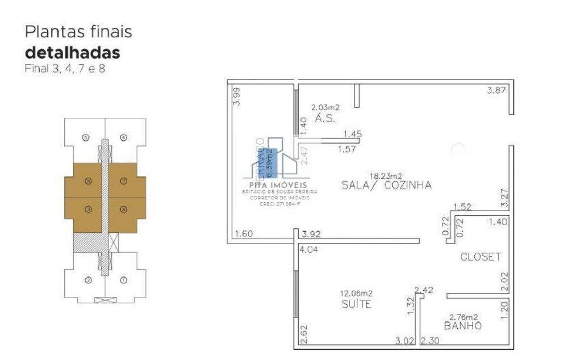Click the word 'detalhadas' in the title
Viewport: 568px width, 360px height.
[x=72, y=53]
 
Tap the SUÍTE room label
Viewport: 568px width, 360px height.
[x=357, y=305]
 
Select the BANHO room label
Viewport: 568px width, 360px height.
[x=463, y=326]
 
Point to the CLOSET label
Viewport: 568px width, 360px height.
[x=481, y=257]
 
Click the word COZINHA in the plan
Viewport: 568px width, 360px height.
[x=408, y=185]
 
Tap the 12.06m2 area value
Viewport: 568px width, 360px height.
[x=356, y=294]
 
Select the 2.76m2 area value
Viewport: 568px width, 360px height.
[x=463, y=317]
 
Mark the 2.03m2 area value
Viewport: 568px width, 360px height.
[x=325, y=107]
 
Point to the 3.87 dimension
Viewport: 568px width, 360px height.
[x=497, y=90]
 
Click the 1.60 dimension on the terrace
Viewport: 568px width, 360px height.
[x=244, y=233]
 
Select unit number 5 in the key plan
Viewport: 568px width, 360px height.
[x=86, y=137]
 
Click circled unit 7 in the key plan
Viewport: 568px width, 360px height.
[x=123, y=181]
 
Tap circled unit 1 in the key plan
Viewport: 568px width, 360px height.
[x=123, y=279]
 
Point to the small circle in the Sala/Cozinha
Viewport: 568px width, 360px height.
[x=458, y=149]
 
